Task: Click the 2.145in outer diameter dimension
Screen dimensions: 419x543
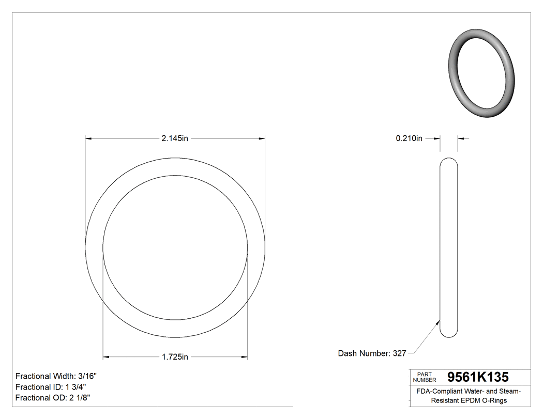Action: (x=175, y=138)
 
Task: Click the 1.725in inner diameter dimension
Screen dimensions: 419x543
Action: (x=175, y=356)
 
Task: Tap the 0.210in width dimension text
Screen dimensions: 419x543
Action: (x=409, y=138)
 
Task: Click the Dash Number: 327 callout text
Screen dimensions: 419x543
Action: (x=372, y=353)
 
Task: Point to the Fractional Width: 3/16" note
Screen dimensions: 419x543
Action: (x=56, y=376)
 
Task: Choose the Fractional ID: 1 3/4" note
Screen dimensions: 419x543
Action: (x=51, y=387)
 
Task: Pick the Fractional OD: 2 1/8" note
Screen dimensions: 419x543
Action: (x=53, y=398)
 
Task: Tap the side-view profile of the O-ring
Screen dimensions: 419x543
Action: (x=448, y=247)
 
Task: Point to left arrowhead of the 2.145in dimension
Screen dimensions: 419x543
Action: (x=88, y=138)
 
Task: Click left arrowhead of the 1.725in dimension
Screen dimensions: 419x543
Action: (x=106, y=356)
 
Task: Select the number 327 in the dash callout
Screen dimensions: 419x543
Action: (x=399, y=353)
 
